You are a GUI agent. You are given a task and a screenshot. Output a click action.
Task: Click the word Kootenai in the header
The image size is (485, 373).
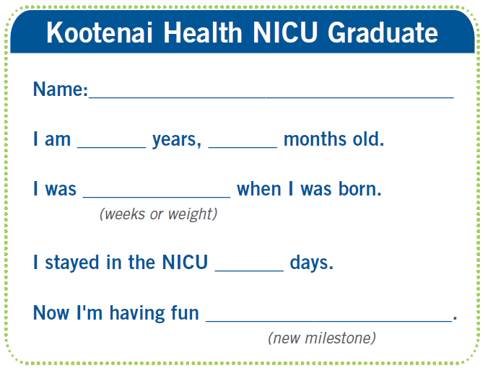tap(100, 32)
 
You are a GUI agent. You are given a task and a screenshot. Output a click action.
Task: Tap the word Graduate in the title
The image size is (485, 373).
tap(383, 32)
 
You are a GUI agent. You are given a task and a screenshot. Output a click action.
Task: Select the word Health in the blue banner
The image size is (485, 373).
tap(203, 32)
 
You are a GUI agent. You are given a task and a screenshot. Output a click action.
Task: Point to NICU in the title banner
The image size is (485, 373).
tap(285, 32)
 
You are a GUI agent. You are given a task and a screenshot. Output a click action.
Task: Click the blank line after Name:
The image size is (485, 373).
tap(271, 97)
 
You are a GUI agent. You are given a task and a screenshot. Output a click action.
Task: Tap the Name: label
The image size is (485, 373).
tap(61, 89)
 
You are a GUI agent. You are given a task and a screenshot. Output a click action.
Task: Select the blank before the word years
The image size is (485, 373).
tap(112, 147)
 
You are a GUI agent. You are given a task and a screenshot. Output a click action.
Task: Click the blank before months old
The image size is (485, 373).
tap(242, 147)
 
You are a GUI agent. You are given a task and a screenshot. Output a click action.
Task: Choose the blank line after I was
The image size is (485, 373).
tap(157, 197)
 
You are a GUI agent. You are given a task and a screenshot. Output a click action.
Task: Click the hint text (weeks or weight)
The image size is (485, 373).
tap(158, 214)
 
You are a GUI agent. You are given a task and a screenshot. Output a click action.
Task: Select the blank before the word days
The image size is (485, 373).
tap(249, 271)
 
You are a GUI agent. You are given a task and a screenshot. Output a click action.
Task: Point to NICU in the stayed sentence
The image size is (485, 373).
tap(185, 263)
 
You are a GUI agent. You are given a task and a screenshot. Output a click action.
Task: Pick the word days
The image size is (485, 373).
tap(312, 263)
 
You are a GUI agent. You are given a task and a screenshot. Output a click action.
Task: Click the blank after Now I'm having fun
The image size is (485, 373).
tap(329, 321)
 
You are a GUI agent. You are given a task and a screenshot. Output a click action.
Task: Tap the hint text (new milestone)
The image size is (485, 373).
tap(322, 338)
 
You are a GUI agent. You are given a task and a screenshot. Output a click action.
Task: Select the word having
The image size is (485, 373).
tap(154, 313)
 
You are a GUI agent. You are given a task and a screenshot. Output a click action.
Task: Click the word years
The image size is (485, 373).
tap(177, 140)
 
